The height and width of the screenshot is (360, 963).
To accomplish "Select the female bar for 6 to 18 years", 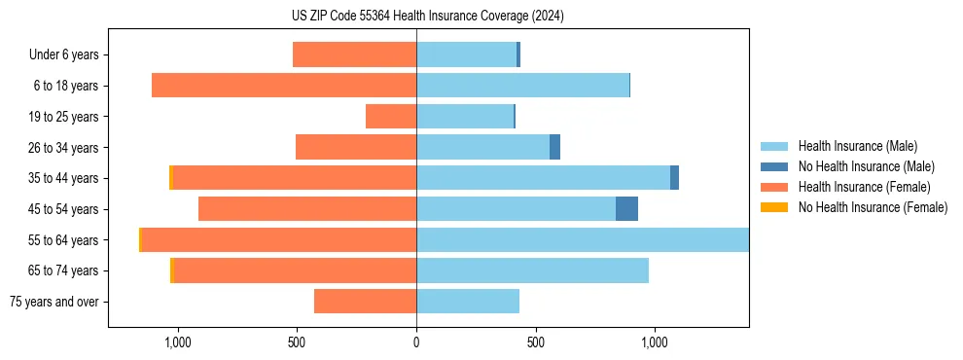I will [284, 86].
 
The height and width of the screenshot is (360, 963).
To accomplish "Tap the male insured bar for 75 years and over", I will [468, 302].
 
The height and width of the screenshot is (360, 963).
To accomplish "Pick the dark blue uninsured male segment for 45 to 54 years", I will [626, 209].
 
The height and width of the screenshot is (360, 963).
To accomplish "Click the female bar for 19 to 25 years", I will [391, 117].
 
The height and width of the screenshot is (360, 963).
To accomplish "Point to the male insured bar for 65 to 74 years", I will [532, 270].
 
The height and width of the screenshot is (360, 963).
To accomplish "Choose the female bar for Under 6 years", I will [354, 54].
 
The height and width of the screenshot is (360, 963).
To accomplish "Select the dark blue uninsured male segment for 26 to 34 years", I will [554, 147].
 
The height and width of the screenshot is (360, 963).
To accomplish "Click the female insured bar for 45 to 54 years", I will [307, 209].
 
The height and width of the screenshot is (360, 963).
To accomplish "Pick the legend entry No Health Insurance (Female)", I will [873, 207].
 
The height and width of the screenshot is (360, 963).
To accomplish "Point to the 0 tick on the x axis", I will [416, 342].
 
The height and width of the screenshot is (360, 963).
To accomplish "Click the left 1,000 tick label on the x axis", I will [178, 342].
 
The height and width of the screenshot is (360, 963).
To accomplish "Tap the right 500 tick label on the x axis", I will [535, 342].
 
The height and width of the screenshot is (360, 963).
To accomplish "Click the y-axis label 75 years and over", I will [54, 302].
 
